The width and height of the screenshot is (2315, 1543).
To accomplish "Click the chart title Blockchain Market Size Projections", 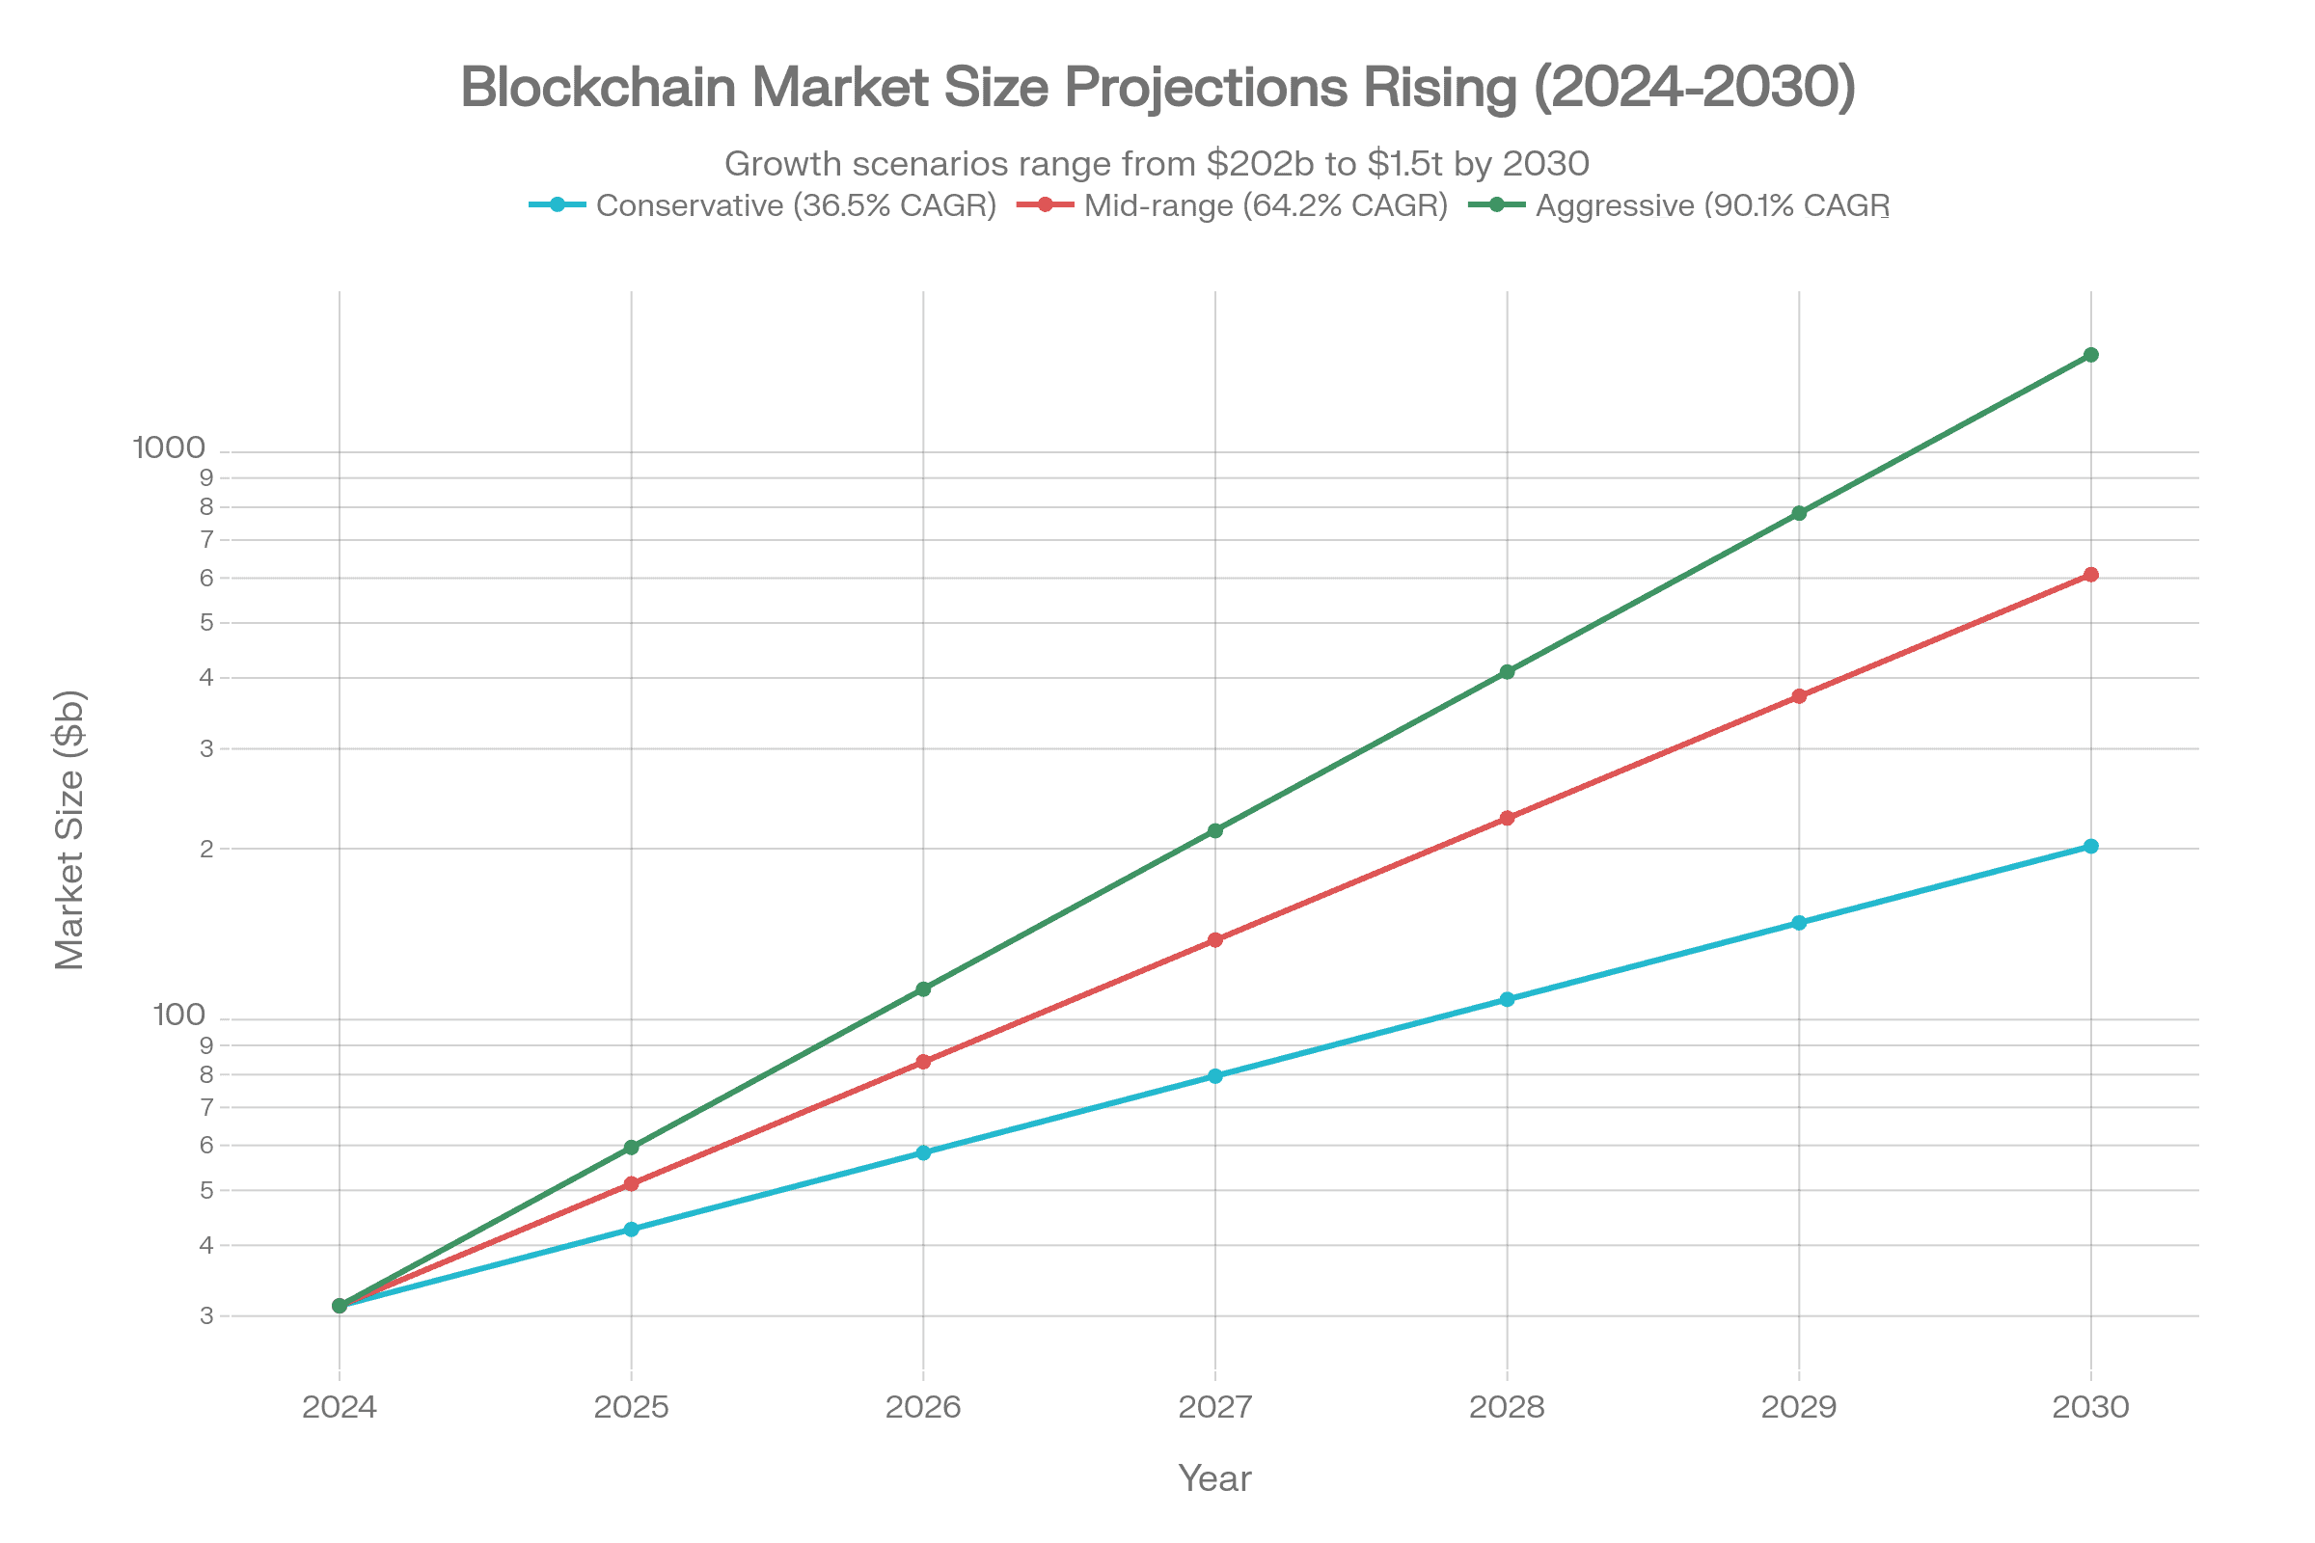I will tap(1157, 88).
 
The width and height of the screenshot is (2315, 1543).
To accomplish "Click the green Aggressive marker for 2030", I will tap(2090, 354).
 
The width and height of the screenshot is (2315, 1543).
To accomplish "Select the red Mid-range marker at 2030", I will tap(2090, 575).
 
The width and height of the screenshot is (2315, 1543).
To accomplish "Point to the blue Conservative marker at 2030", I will tap(2090, 847).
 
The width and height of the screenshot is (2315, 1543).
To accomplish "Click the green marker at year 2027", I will tap(1214, 830).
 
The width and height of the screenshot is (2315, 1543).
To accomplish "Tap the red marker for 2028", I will tap(1507, 818).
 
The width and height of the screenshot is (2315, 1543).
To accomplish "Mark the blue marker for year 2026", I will tap(923, 1152).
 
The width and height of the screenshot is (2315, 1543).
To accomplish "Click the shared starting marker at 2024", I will tap(340, 1306).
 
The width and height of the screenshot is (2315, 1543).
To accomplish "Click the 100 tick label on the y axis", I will tap(178, 1015).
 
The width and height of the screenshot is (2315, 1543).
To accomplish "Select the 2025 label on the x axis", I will tap(631, 1406).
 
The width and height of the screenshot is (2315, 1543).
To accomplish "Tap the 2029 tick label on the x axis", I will tap(1798, 1406).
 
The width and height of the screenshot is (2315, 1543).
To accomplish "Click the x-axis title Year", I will tap(1214, 1479).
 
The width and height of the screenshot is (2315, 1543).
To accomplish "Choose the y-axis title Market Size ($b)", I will tap(69, 829).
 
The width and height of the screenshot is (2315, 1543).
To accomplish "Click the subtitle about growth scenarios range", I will tap(1157, 163).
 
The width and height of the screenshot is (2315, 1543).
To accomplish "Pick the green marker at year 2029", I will tap(1798, 514).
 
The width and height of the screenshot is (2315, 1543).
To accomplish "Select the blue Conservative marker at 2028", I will tap(1507, 999).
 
